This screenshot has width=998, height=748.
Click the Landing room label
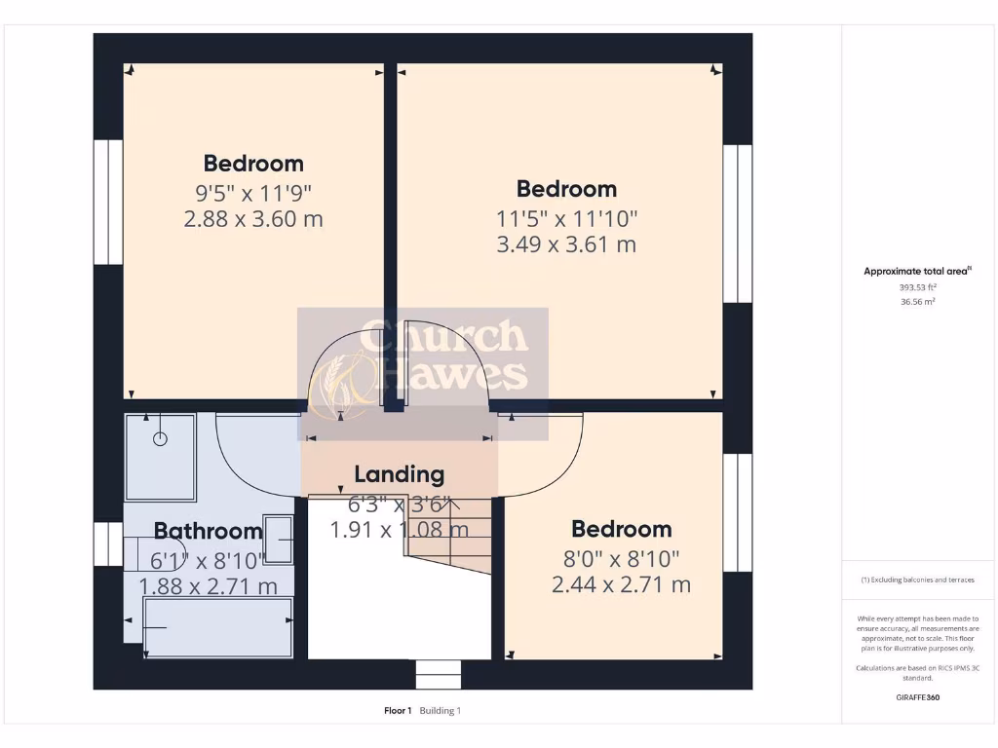(x=399, y=474)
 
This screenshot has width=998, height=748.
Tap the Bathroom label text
(x=208, y=531)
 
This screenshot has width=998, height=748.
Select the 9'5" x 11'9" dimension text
(x=252, y=192)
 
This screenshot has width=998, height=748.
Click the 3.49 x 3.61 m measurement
(x=566, y=243)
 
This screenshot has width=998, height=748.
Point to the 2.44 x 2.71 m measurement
(x=621, y=584)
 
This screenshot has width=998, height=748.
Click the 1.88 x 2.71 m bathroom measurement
(x=208, y=586)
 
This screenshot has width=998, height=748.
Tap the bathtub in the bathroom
(x=218, y=627)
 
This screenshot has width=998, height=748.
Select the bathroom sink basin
(x=278, y=539)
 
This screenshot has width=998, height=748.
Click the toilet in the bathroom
(x=146, y=554)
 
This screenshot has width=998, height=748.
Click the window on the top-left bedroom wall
(x=108, y=203)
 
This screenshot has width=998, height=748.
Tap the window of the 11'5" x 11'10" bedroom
(x=737, y=224)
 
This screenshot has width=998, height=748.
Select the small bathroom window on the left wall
(x=108, y=543)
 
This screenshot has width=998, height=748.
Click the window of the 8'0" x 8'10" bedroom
(x=737, y=512)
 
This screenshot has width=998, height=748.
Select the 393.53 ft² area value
(x=916, y=287)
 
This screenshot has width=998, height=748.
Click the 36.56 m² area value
(x=916, y=302)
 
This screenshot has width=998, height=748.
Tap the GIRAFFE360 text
(x=917, y=697)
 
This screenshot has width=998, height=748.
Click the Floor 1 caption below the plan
(x=398, y=711)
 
